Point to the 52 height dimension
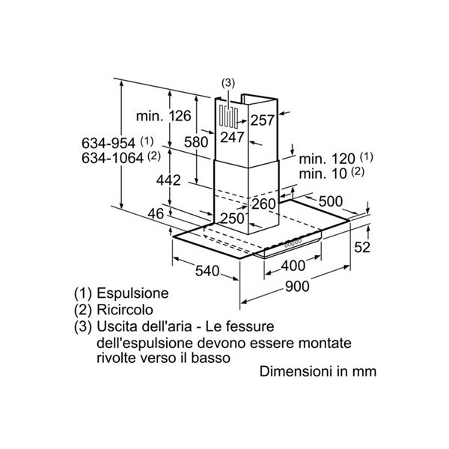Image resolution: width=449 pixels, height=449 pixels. [362, 248]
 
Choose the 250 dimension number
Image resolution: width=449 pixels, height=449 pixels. [233, 218]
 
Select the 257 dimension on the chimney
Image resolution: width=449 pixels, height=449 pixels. [262, 120]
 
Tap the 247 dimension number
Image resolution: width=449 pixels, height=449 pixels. [233, 137]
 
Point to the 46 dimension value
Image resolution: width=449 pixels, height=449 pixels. [155, 214]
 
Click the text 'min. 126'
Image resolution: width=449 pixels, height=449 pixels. [164, 116]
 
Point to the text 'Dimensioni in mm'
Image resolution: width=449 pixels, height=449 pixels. [318, 371]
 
